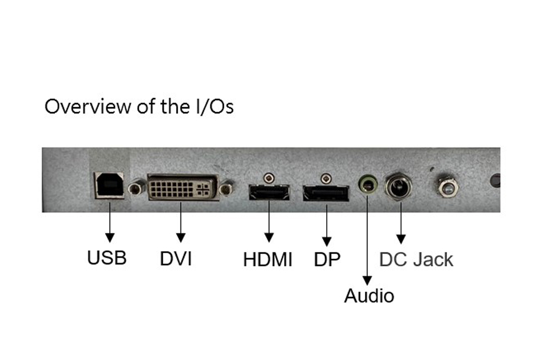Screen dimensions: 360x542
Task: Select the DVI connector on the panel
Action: point(180,188)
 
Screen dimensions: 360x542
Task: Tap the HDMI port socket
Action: point(269,192)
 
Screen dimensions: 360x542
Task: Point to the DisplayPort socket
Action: point(325,193)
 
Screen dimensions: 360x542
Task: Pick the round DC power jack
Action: point(398,187)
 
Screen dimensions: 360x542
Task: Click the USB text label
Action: point(107,258)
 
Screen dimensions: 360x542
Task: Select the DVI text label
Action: point(176,259)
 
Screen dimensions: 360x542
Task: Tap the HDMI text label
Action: point(268,260)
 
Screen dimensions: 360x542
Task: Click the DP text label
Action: point(327,260)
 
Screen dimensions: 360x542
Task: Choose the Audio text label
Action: point(369,296)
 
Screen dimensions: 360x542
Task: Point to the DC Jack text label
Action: point(416,259)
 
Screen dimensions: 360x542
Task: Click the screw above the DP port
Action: point(325,177)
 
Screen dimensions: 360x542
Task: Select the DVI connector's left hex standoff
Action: point(135,188)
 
